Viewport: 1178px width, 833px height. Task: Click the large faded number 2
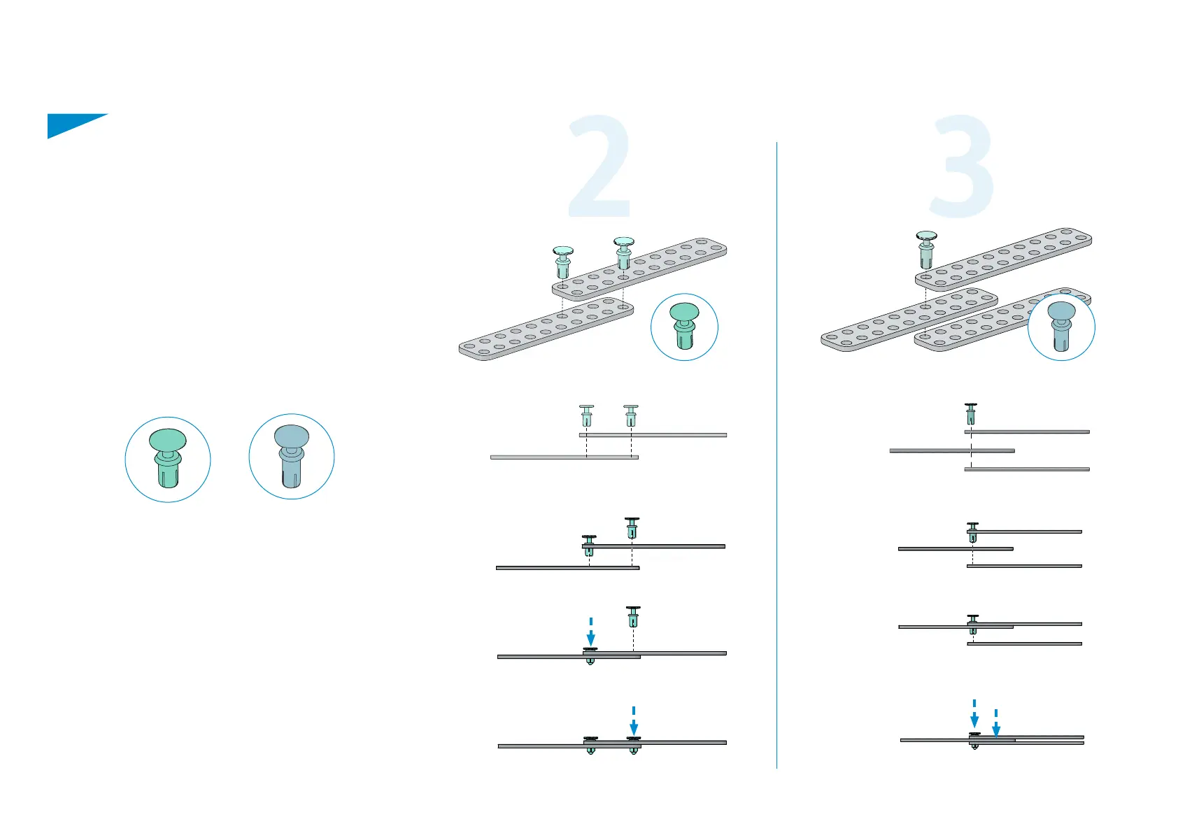coord(599,168)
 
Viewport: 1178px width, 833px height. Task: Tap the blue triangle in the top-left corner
coord(70,124)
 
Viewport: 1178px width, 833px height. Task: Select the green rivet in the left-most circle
coord(168,458)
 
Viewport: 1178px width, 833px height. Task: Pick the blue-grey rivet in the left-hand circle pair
coord(292,456)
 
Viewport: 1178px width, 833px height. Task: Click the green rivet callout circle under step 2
coord(684,327)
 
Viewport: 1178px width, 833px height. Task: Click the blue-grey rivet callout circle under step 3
coord(1061,327)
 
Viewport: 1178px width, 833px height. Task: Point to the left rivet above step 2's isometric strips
coord(563,262)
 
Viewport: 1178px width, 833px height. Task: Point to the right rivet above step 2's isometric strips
coord(623,252)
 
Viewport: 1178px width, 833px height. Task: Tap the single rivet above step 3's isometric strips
coord(926,249)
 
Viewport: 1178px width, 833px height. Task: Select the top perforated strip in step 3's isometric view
coord(1004,259)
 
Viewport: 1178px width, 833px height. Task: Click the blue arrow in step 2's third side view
coord(591,633)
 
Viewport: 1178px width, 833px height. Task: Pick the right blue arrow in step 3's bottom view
coord(996,725)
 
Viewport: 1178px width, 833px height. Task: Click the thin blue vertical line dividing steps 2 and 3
coord(777,455)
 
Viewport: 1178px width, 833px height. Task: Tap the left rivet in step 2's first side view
coord(587,415)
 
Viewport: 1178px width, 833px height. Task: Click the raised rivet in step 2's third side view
coord(633,617)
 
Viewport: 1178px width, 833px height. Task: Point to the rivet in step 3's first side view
coord(971,414)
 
